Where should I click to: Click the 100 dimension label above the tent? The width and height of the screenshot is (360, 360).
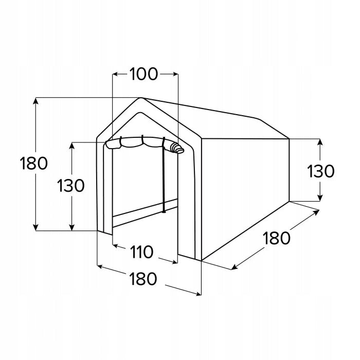pyautogui.click(x=143, y=74)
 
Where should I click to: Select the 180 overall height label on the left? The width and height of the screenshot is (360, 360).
pyautogui.click(x=34, y=163)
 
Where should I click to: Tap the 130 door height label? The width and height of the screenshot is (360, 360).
pyautogui.click(x=71, y=186)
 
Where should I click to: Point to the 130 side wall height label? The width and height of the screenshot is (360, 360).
pyautogui.click(x=321, y=171)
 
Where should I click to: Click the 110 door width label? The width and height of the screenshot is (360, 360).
pyautogui.click(x=141, y=252)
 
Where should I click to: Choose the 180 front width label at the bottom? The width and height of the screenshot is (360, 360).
pyautogui.click(x=143, y=279)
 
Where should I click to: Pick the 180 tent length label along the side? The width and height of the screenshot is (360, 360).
pyautogui.click(x=277, y=238)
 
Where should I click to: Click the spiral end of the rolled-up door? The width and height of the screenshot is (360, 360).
pyautogui.click(x=178, y=148)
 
